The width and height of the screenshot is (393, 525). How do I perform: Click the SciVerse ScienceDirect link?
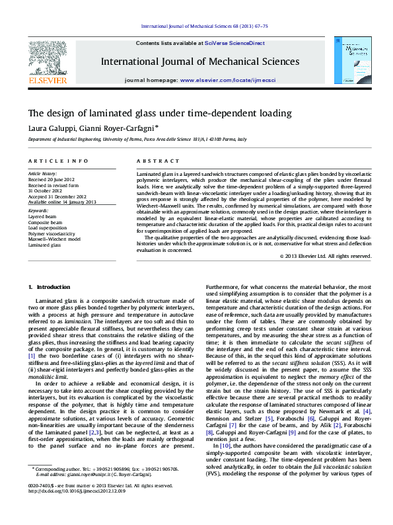tap(234, 43)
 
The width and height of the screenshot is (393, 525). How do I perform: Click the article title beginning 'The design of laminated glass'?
tap(150, 112)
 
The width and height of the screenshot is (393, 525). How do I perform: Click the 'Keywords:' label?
tap(39, 211)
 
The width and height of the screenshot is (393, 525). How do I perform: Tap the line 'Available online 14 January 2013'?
tap(62, 202)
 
